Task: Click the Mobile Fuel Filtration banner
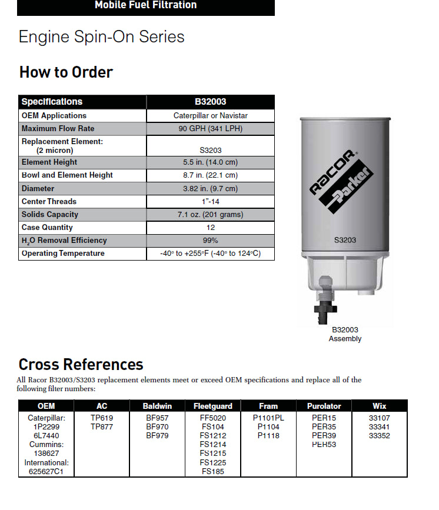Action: (x=146, y=5)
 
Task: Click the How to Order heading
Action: (x=66, y=72)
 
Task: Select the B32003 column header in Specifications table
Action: (x=210, y=102)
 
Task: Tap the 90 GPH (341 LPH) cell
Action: (x=210, y=129)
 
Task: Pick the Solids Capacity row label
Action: (x=50, y=215)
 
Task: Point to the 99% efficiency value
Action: (x=210, y=241)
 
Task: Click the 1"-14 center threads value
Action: (x=210, y=202)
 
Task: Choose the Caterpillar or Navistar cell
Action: (x=210, y=116)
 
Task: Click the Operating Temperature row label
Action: (x=63, y=254)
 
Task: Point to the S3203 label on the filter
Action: (x=345, y=240)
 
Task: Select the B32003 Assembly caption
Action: (x=345, y=334)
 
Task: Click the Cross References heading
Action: (x=81, y=365)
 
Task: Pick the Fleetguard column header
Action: (x=212, y=406)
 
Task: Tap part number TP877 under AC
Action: (x=102, y=427)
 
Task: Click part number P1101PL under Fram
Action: (x=268, y=418)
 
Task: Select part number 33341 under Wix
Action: (x=379, y=427)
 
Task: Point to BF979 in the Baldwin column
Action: (x=157, y=436)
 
